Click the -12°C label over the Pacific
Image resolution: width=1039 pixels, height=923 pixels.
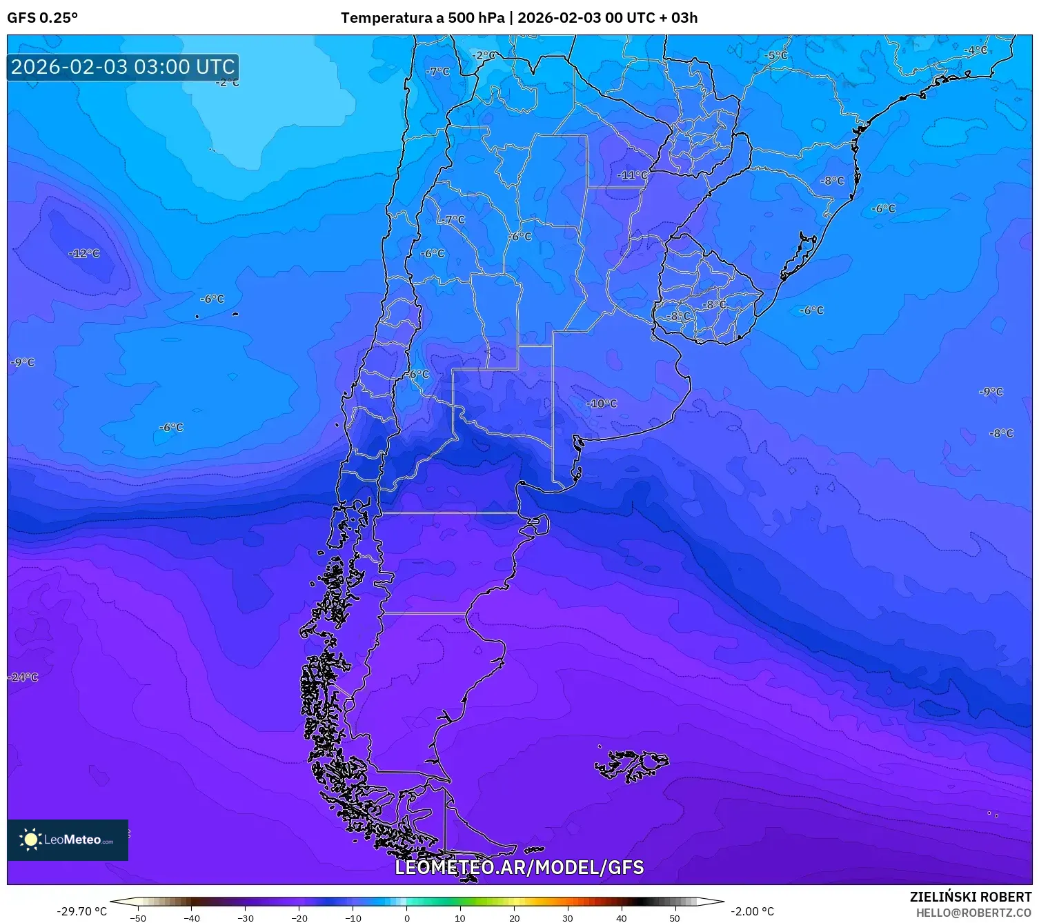[x=84, y=253]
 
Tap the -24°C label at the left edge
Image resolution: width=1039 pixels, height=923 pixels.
[x=23, y=677]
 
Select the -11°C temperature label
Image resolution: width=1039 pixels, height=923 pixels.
[x=632, y=175]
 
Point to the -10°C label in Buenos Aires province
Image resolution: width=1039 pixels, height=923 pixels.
[x=602, y=404]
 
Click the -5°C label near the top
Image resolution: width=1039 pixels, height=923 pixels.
[x=775, y=55]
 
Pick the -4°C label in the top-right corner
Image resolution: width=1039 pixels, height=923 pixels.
[x=975, y=50]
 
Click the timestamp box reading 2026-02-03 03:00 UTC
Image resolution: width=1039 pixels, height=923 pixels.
[x=123, y=67]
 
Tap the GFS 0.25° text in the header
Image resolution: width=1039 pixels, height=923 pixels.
[x=42, y=18]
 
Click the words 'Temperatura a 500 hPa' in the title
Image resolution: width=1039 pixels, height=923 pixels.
[x=422, y=18]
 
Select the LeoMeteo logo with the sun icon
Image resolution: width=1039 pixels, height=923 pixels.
[x=68, y=840]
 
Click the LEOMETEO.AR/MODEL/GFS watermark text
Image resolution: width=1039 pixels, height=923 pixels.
[x=519, y=867]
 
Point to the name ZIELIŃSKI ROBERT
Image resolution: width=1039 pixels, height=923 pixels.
[x=970, y=897]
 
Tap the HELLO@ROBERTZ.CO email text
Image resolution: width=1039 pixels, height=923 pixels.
[x=973, y=913]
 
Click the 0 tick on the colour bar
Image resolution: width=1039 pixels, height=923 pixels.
[x=406, y=917]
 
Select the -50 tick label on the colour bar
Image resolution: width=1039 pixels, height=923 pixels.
[x=138, y=917]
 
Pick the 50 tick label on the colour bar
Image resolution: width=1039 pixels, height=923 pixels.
[x=675, y=917]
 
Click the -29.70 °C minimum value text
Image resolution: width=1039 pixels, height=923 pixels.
[x=81, y=911]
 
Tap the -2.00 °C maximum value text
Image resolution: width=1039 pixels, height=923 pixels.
[x=752, y=911]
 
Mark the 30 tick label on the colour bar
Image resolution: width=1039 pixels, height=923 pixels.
[x=567, y=917]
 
